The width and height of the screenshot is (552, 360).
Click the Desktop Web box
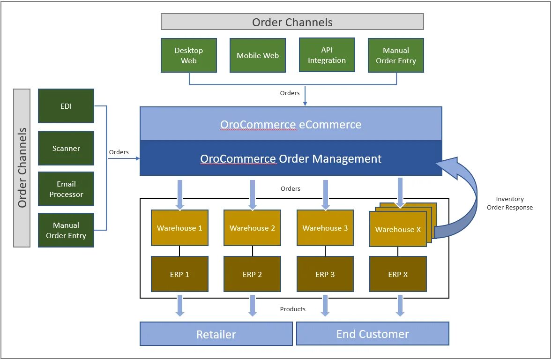(189, 55)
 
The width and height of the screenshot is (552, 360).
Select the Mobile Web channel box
(258, 55)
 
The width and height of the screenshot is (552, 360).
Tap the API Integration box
(327, 55)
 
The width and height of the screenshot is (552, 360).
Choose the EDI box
(66, 106)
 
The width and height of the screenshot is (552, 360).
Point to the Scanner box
(66, 148)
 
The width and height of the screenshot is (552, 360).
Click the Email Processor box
(66, 189)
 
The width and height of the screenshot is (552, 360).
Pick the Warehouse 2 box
(253, 228)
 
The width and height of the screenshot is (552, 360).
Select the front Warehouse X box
(398, 229)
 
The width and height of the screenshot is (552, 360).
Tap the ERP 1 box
(179, 274)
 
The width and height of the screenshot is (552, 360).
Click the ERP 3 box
(325, 274)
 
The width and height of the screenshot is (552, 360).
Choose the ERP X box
(398, 274)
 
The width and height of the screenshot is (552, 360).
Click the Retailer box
(216, 334)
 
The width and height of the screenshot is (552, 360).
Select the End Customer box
(373, 333)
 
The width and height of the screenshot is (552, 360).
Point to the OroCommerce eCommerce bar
(291, 124)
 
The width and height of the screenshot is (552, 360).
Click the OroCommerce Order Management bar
(291, 158)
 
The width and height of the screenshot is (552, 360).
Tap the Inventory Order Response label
(510, 203)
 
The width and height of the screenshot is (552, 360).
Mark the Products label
(292, 309)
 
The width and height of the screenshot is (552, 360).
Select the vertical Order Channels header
(22, 168)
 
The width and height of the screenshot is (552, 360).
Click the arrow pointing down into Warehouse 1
(180, 195)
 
